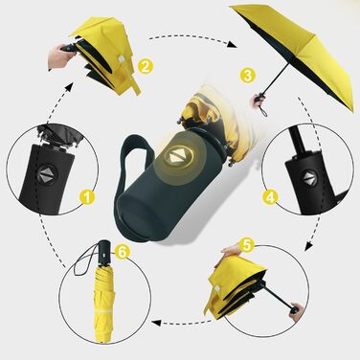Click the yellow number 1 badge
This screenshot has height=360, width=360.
[x=87, y=197]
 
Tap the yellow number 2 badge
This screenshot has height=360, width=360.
[x=146, y=67]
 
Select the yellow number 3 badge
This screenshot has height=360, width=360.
[x=248, y=76]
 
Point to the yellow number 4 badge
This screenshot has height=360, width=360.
[x=270, y=197]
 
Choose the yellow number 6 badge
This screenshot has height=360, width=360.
[x=123, y=252]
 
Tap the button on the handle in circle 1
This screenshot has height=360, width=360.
[x=47, y=174]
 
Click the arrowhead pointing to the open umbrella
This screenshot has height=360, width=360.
[x=233, y=44]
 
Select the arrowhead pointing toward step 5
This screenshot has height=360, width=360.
[x=307, y=246]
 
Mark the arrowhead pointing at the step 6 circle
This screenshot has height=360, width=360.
[x=156, y=323]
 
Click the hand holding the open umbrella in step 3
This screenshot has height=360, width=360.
[x=258, y=100]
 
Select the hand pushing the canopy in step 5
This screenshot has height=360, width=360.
[x=231, y=249]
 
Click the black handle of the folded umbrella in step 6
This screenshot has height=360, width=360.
[x=105, y=251]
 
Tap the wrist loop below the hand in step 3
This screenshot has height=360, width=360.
[x=264, y=112]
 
